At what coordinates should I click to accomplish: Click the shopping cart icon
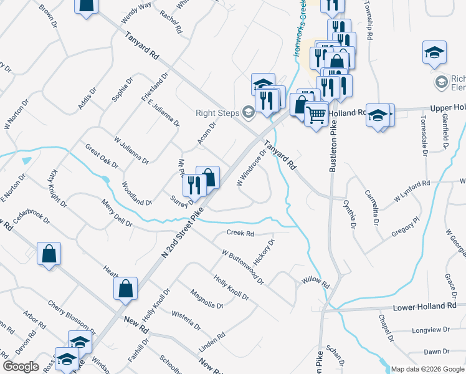[x=316, y=113]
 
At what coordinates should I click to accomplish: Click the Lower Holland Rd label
[x=424, y=307]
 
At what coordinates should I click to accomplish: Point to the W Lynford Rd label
[x=412, y=191]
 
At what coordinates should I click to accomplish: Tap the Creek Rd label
[x=240, y=234]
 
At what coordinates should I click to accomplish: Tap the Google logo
[x=21, y=367]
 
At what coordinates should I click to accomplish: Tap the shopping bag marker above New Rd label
[x=125, y=288]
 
